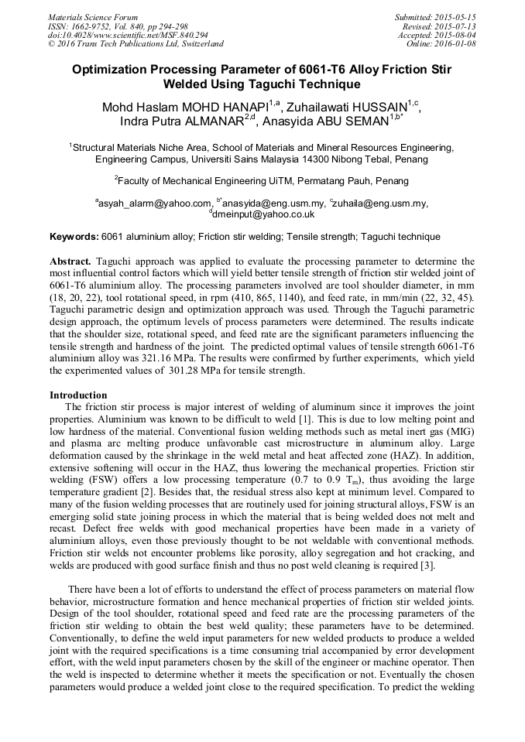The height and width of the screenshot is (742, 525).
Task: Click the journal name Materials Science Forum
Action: [93, 16]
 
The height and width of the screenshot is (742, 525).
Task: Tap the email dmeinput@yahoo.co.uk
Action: [263, 214]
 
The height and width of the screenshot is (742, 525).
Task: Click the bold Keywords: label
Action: [74, 237]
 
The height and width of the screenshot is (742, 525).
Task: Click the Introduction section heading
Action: [78, 395]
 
